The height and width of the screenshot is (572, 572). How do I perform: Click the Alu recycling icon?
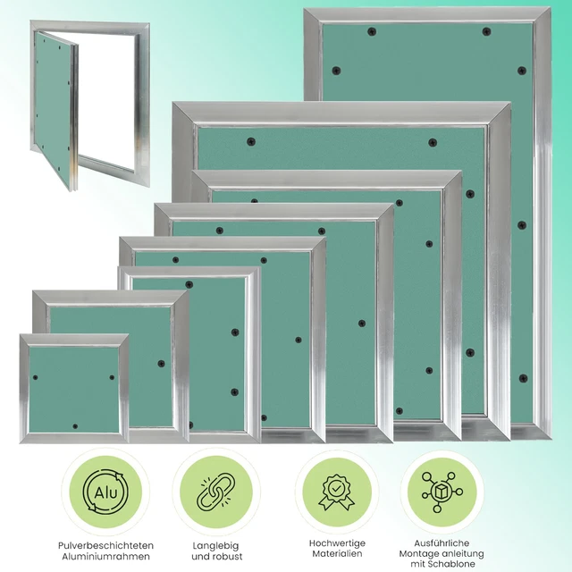point(105,492)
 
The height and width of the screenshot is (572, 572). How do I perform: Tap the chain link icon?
point(216,492)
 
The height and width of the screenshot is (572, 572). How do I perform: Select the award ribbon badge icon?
point(336,492)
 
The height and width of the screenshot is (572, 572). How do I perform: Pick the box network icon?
point(442,492)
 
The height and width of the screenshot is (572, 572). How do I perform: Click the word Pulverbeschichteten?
point(105,546)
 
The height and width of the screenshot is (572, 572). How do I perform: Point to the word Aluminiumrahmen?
point(105,557)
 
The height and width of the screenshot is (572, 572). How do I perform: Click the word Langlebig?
point(215,546)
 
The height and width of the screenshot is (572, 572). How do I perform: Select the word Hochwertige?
point(337,543)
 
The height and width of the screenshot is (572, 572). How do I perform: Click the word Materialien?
point(337,554)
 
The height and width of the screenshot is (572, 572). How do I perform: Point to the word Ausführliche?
point(442,543)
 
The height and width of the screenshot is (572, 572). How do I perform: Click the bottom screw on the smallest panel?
point(75,426)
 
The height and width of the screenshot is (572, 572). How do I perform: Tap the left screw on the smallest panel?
point(36,377)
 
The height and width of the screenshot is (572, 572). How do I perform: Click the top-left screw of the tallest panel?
point(372,31)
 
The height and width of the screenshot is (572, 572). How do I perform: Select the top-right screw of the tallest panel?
point(486,31)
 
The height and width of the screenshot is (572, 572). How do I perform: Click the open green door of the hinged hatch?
point(54,109)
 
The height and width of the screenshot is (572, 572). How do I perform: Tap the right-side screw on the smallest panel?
point(112,377)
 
